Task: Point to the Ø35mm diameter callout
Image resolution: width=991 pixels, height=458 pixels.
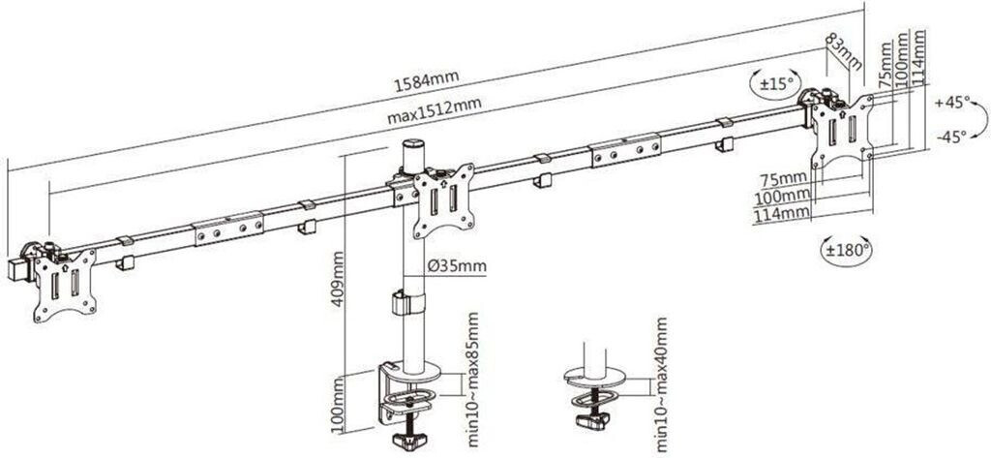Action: (x=457, y=266)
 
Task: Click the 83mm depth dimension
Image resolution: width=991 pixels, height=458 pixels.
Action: (x=844, y=51)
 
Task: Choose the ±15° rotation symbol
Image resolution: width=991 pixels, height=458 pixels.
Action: (x=775, y=84)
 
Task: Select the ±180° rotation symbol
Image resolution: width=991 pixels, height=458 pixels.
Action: (x=847, y=249)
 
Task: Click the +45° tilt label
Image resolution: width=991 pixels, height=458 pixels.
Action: (x=952, y=103)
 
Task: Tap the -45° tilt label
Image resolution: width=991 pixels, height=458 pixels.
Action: (x=950, y=137)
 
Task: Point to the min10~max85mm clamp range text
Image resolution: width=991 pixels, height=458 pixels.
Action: (x=472, y=380)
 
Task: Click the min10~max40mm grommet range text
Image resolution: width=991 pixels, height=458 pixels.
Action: (x=661, y=384)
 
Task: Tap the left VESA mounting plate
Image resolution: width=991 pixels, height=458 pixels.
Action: (x=64, y=285)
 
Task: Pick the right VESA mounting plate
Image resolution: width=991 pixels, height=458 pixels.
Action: (x=843, y=132)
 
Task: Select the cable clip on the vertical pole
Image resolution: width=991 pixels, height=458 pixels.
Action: (x=408, y=302)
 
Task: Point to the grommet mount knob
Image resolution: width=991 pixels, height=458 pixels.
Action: (x=592, y=420)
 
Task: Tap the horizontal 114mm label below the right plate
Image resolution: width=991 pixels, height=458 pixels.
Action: (x=781, y=214)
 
